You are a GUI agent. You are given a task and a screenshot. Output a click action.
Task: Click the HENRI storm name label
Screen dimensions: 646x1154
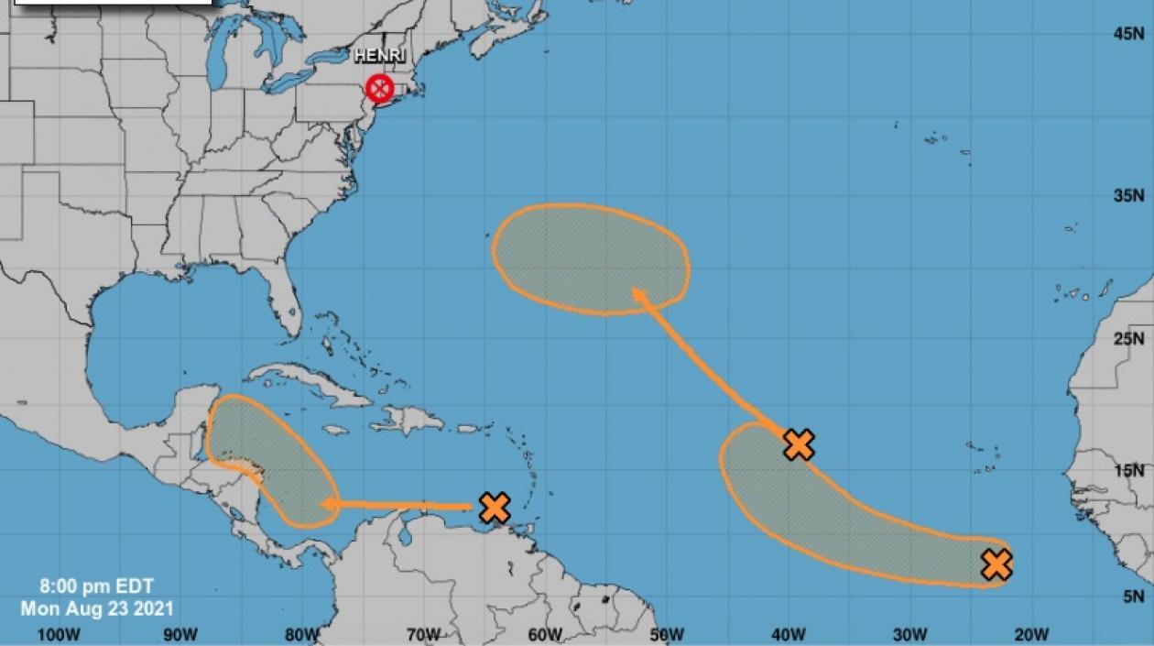[380, 57]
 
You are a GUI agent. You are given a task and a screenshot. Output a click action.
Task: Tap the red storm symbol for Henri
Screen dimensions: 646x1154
[379, 89]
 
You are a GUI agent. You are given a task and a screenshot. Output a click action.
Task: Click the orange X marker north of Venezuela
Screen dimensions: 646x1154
[495, 508]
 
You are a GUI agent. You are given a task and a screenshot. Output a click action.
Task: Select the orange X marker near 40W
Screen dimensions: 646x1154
[800, 444]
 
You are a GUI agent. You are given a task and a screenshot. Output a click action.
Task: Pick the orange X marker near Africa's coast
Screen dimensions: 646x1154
[996, 564]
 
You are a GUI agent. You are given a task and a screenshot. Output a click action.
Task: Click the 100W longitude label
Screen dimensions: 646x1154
[59, 634]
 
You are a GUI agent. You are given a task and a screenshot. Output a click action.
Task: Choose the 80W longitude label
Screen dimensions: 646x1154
[302, 634]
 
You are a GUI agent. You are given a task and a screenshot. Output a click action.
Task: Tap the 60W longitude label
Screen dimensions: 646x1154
[545, 634]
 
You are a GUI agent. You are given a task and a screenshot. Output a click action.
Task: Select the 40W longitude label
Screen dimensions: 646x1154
[788, 634]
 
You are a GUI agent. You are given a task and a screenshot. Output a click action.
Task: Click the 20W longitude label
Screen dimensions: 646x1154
[1031, 634]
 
